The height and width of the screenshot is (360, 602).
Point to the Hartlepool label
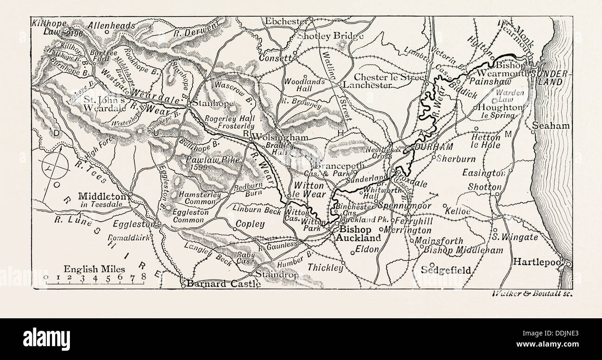click(x=539, y=262)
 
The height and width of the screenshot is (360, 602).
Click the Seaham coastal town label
click(x=548, y=126)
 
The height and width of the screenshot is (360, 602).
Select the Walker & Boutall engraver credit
click(x=527, y=293)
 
